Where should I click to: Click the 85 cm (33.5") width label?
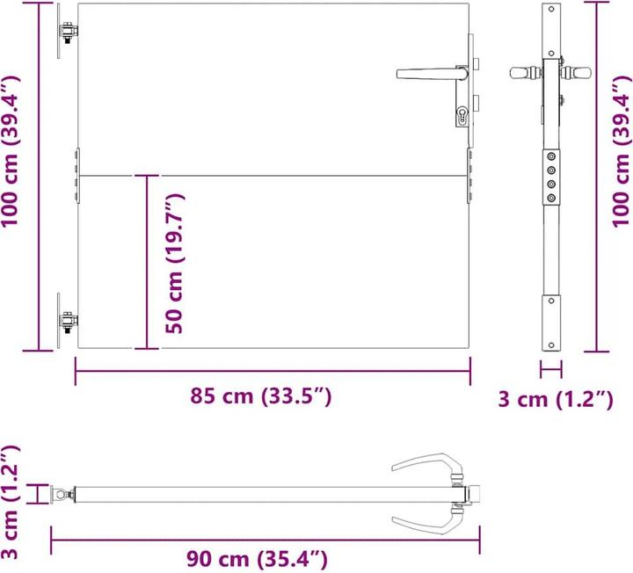[261, 397]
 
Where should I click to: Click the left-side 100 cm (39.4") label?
[11, 151]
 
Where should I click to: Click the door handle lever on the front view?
[426, 74]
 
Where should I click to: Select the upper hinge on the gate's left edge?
[65, 32]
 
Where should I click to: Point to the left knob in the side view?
[524, 72]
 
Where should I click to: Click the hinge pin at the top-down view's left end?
[62, 496]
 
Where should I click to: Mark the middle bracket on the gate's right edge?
[469, 176]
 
